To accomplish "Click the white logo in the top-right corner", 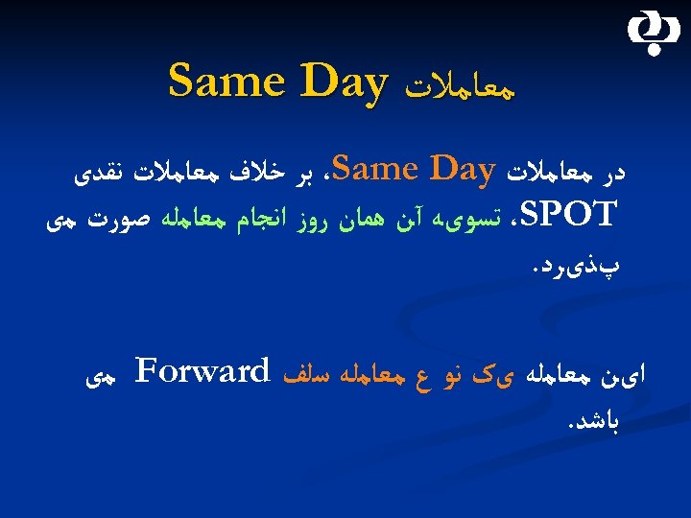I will coord(651,35).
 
